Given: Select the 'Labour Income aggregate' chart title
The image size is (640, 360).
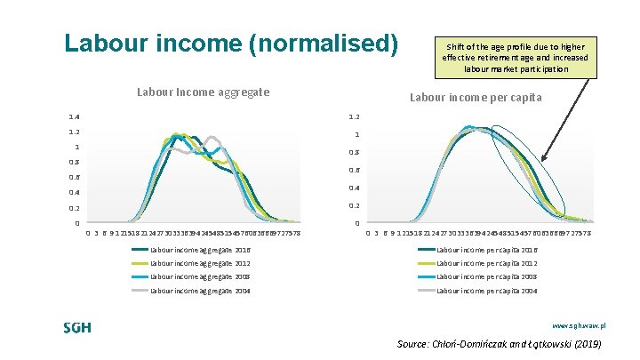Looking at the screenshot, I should coord(203,92).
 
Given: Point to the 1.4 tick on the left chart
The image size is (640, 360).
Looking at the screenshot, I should coord(75,116).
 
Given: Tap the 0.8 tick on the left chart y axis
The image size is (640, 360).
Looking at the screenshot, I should coord(75,162).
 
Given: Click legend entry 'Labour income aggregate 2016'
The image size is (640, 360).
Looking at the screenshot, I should coord(200,250).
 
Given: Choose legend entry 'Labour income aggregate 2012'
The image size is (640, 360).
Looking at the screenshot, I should coord(200,263).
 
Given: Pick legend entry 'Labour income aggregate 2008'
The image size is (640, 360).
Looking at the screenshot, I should coord(200,276).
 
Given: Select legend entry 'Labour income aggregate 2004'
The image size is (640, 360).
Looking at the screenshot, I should coord(200,290).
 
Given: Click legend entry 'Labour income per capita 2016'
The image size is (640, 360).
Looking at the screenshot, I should coord(487,250).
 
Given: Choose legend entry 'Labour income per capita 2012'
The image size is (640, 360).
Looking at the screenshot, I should coord(487,263).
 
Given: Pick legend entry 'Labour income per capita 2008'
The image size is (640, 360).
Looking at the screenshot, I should coord(487,276).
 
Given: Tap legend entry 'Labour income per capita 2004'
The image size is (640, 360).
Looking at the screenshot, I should coord(487,290).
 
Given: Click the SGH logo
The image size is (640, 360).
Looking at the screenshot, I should coord(77,328).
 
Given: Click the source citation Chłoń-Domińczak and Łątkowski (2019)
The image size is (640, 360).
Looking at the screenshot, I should coord(500,344).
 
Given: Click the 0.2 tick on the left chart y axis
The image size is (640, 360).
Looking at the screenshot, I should coord(75,208).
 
